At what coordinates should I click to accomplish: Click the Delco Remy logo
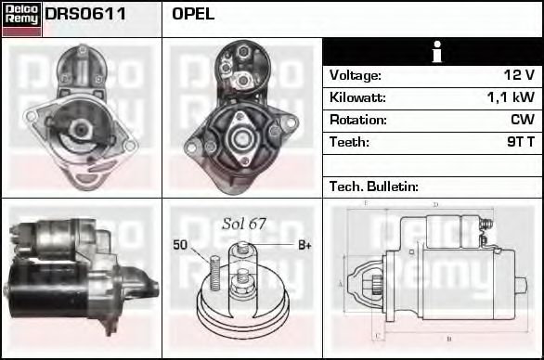21,18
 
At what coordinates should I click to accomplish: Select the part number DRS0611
86,15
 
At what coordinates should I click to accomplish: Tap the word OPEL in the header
193,15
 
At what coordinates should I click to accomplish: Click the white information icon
433,52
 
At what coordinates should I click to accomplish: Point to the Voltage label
356,75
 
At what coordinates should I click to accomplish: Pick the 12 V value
518,75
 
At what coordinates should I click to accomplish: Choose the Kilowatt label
357,97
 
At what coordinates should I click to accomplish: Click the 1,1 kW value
511,97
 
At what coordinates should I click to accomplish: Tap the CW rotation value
522,120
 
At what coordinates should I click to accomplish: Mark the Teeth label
349,142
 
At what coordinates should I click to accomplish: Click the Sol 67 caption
244,224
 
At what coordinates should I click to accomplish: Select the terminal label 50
181,245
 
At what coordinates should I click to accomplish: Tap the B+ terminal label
304,245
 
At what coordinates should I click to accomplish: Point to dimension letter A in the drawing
341,283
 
